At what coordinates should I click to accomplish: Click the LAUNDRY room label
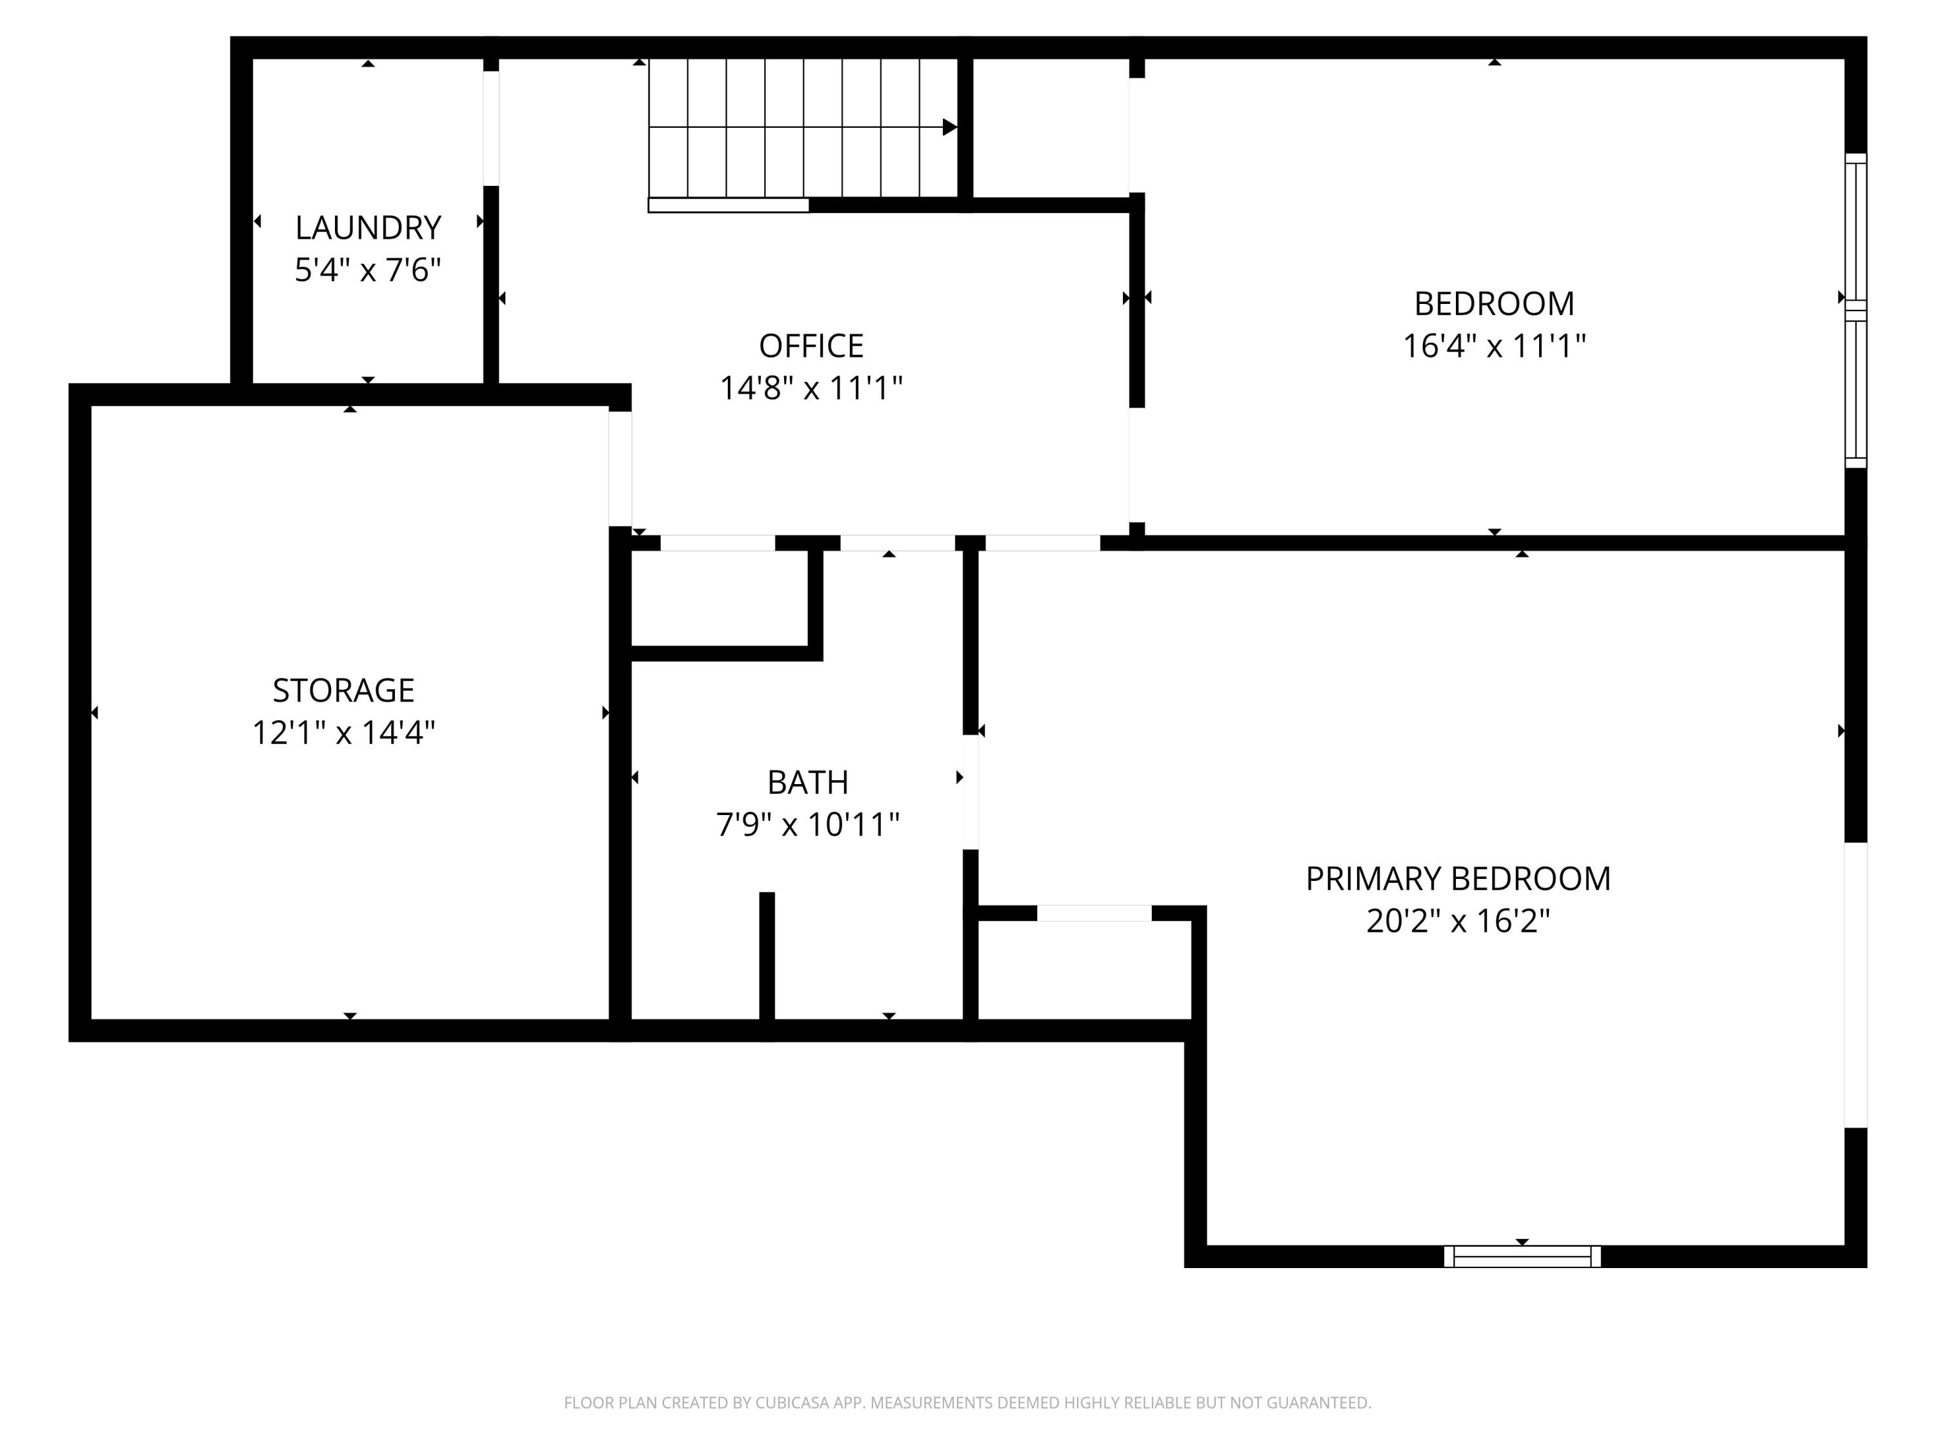(x=368, y=228)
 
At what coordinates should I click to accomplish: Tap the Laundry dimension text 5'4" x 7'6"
(x=368, y=270)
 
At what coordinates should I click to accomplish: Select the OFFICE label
(x=811, y=346)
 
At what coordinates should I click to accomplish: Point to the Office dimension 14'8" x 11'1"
(x=811, y=388)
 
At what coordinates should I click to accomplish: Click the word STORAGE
(x=343, y=691)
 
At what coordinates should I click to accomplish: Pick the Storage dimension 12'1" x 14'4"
(x=343, y=732)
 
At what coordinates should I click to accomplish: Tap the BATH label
(x=808, y=782)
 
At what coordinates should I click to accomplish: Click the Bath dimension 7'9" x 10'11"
(x=808, y=825)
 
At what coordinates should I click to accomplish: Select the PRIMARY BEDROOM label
(x=1458, y=879)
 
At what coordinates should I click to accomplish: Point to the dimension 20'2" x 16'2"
(x=1458, y=921)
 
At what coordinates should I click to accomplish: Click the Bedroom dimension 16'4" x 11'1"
(x=1494, y=346)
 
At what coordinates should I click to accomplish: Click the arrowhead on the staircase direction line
(x=950, y=127)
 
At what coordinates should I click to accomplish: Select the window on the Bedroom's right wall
(x=1855, y=310)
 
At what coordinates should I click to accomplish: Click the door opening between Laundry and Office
(x=491, y=128)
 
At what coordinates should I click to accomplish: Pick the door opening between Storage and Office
(x=620, y=469)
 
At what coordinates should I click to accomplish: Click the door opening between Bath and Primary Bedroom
(x=970, y=792)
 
